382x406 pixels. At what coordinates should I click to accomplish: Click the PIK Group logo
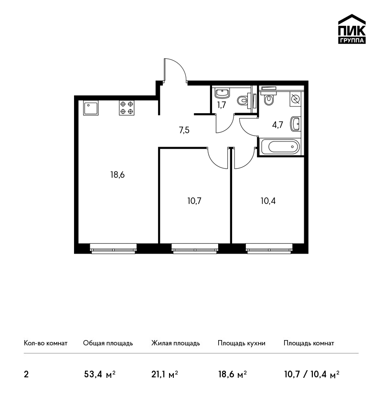coord(352,29)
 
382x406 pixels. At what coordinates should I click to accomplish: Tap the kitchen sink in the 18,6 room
coord(91,108)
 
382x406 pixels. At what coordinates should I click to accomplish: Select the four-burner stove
coord(127,108)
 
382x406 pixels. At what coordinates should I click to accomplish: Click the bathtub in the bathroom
coord(281,147)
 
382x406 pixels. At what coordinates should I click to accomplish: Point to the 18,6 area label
coord(117,175)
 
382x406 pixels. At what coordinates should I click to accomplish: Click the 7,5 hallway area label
coord(184,130)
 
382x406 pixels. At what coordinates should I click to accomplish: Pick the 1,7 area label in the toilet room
coord(222,105)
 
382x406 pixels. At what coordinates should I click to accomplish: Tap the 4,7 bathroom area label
coord(277,125)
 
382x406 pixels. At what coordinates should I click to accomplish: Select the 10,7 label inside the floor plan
coord(194,201)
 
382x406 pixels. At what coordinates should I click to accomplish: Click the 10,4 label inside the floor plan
coord(268,201)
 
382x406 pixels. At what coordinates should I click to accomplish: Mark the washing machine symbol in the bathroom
coord(295,99)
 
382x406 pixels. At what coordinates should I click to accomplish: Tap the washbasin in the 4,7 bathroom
coord(296,124)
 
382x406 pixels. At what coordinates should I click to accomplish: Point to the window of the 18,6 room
coord(113,248)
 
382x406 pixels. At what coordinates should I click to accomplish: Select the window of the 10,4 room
coord(269,248)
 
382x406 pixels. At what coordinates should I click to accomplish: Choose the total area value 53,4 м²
coord(100,374)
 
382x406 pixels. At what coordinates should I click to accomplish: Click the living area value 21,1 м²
coord(165,374)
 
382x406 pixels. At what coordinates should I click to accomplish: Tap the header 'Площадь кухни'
coord(242,343)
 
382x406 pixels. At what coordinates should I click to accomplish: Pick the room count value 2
coord(26,374)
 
